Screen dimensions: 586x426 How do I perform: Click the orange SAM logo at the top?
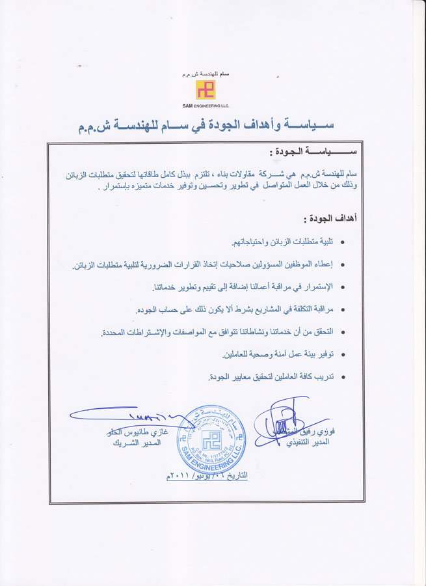[206, 89]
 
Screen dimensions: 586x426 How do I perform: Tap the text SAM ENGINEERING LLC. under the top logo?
[206, 105]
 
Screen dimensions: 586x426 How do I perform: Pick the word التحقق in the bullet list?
[321, 331]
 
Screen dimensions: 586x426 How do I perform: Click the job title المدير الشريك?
[130, 443]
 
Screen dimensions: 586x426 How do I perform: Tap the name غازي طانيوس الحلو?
[128, 433]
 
